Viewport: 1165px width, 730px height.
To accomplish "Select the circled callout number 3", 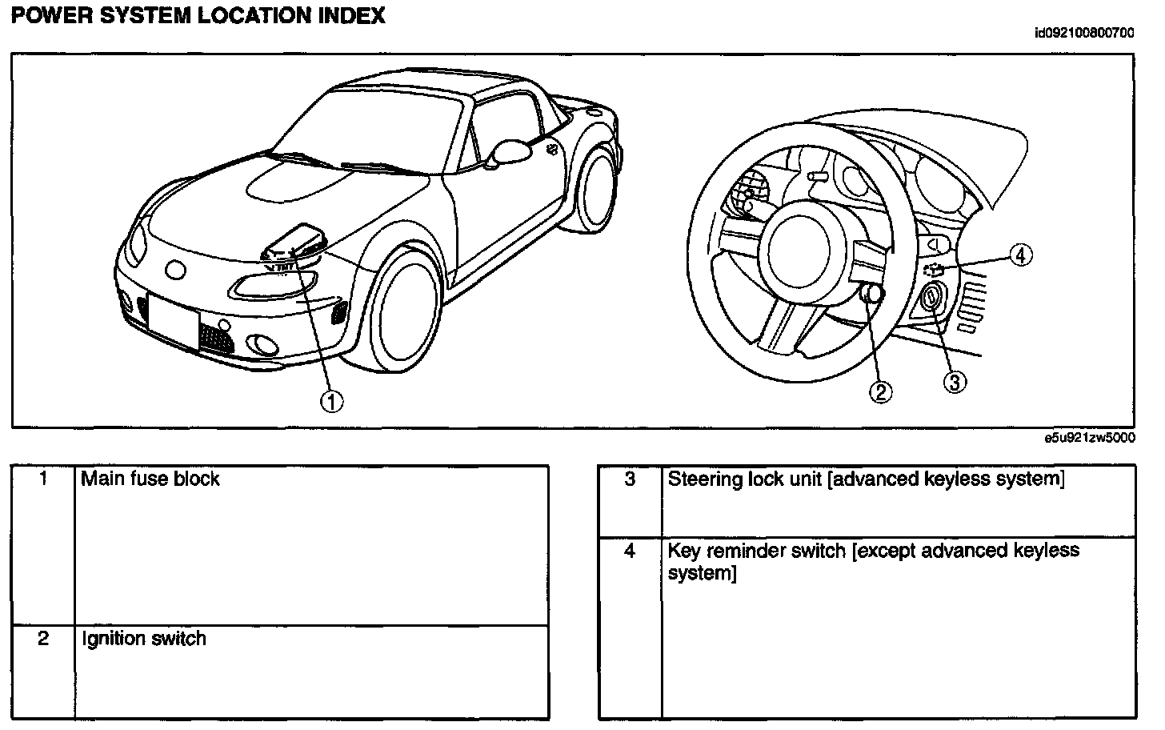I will click(954, 383).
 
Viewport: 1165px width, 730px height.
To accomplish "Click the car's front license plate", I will click(174, 321).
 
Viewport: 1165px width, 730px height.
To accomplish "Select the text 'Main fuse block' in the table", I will click(150, 479).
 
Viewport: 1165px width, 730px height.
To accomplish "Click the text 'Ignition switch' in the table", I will click(144, 639).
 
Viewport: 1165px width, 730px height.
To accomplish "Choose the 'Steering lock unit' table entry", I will click(866, 479).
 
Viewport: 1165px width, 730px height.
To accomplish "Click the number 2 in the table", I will click(44, 639).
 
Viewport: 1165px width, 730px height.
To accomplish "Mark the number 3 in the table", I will click(630, 479).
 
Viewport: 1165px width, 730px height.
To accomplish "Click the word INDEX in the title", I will click(348, 15).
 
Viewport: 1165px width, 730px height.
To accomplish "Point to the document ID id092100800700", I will click(1084, 33).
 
